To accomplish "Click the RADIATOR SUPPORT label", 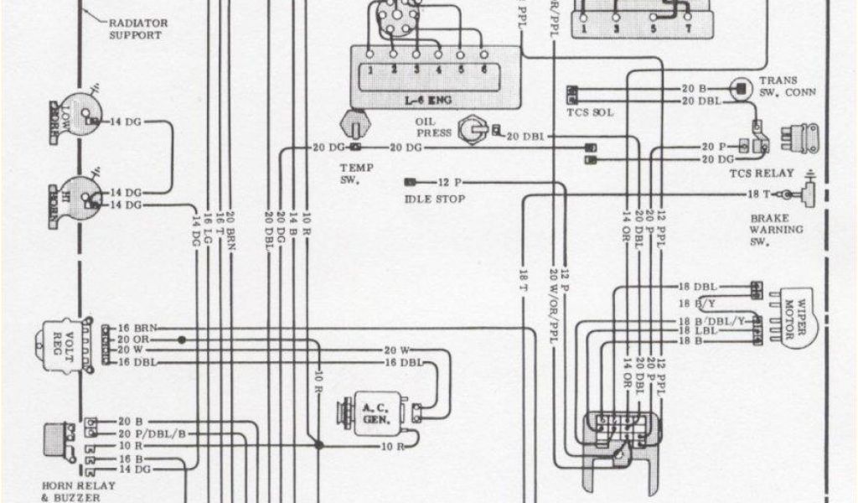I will [x=133, y=29].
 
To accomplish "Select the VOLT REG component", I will [x=54, y=343].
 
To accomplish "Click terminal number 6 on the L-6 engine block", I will [x=483, y=70].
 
